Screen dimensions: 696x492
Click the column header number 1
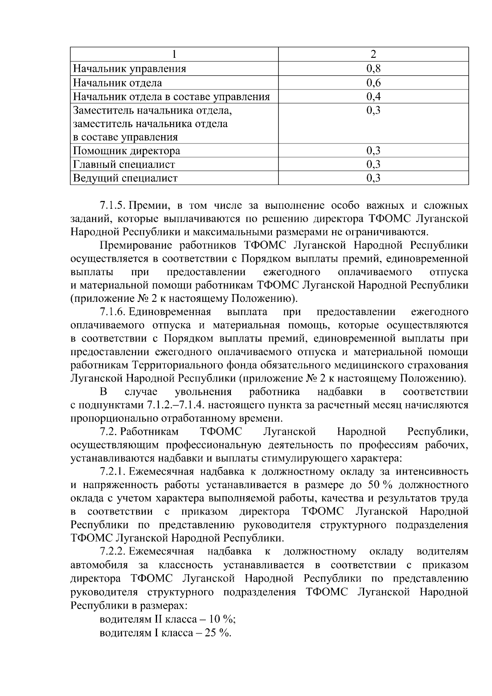point(174,55)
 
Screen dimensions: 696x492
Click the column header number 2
point(373,55)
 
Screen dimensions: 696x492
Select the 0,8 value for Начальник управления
point(373,68)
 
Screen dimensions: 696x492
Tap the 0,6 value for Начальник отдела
point(373,83)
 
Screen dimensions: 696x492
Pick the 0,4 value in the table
point(373,97)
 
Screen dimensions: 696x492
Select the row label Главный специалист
point(124,165)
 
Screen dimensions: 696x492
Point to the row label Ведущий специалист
point(125,178)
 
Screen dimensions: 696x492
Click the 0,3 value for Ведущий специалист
point(373,178)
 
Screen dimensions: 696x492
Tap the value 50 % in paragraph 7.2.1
point(380,485)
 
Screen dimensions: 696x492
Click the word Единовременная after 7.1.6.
point(170,312)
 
